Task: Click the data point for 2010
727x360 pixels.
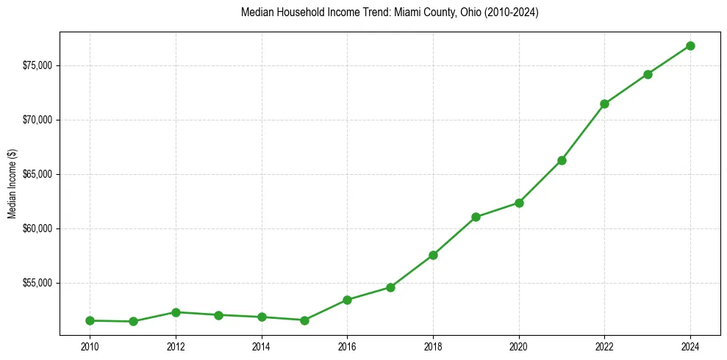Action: pyautogui.click(x=90, y=320)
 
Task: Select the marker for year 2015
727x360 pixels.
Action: pyautogui.click(x=304, y=320)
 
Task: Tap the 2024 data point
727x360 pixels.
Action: pyautogui.click(x=690, y=46)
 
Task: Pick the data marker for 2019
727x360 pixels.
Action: pyautogui.click(x=476, y=217)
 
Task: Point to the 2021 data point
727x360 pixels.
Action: pyautogui.click(x=562, y=160)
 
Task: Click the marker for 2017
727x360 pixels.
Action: pyautogui.click(x=390, y=287)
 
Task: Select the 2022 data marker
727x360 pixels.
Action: pyautogui.click(x=604, y=104)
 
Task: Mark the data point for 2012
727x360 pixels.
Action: pyautogui.click(x=176, y=312)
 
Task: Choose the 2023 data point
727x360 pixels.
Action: pyautogui.click(x=648, y=74)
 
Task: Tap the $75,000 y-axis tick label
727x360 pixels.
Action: pyautogui.click(x=37, y=65)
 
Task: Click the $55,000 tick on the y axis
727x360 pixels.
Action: pyautogui.click(x=37, y=283)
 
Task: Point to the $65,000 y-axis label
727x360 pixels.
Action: pyautogui.click(x=37, y=174)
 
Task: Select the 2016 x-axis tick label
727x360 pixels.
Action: pyautogui.click(x=347, y=345)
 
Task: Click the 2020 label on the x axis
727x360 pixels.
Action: pyautogui.click(x=519, y=345)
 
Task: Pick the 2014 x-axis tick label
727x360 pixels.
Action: pyautogui.click(x=261, y=345)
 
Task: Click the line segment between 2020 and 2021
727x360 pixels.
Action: pyautogui.click(x=540, y=181)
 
